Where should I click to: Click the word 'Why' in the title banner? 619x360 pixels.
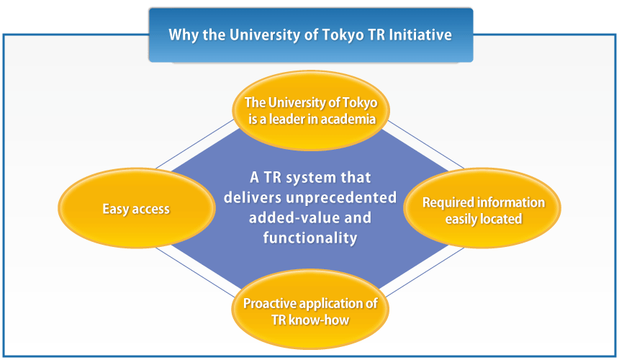click(x=182, y=35)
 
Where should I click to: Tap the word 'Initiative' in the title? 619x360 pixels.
click(x=424, y=35)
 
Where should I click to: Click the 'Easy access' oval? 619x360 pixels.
click(x=136, y=210)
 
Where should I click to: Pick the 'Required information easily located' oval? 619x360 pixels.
click(x=482, y=210)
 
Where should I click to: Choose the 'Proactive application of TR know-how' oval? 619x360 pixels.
click(x=310, y=311)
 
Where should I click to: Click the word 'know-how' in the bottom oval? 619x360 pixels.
click(x=326, y=320)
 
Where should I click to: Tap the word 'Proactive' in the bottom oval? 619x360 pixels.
click(x=268, y=303)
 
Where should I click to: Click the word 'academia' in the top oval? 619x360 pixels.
click(x=349, y=119)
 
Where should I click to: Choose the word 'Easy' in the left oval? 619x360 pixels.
click(x=115, y=210)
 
